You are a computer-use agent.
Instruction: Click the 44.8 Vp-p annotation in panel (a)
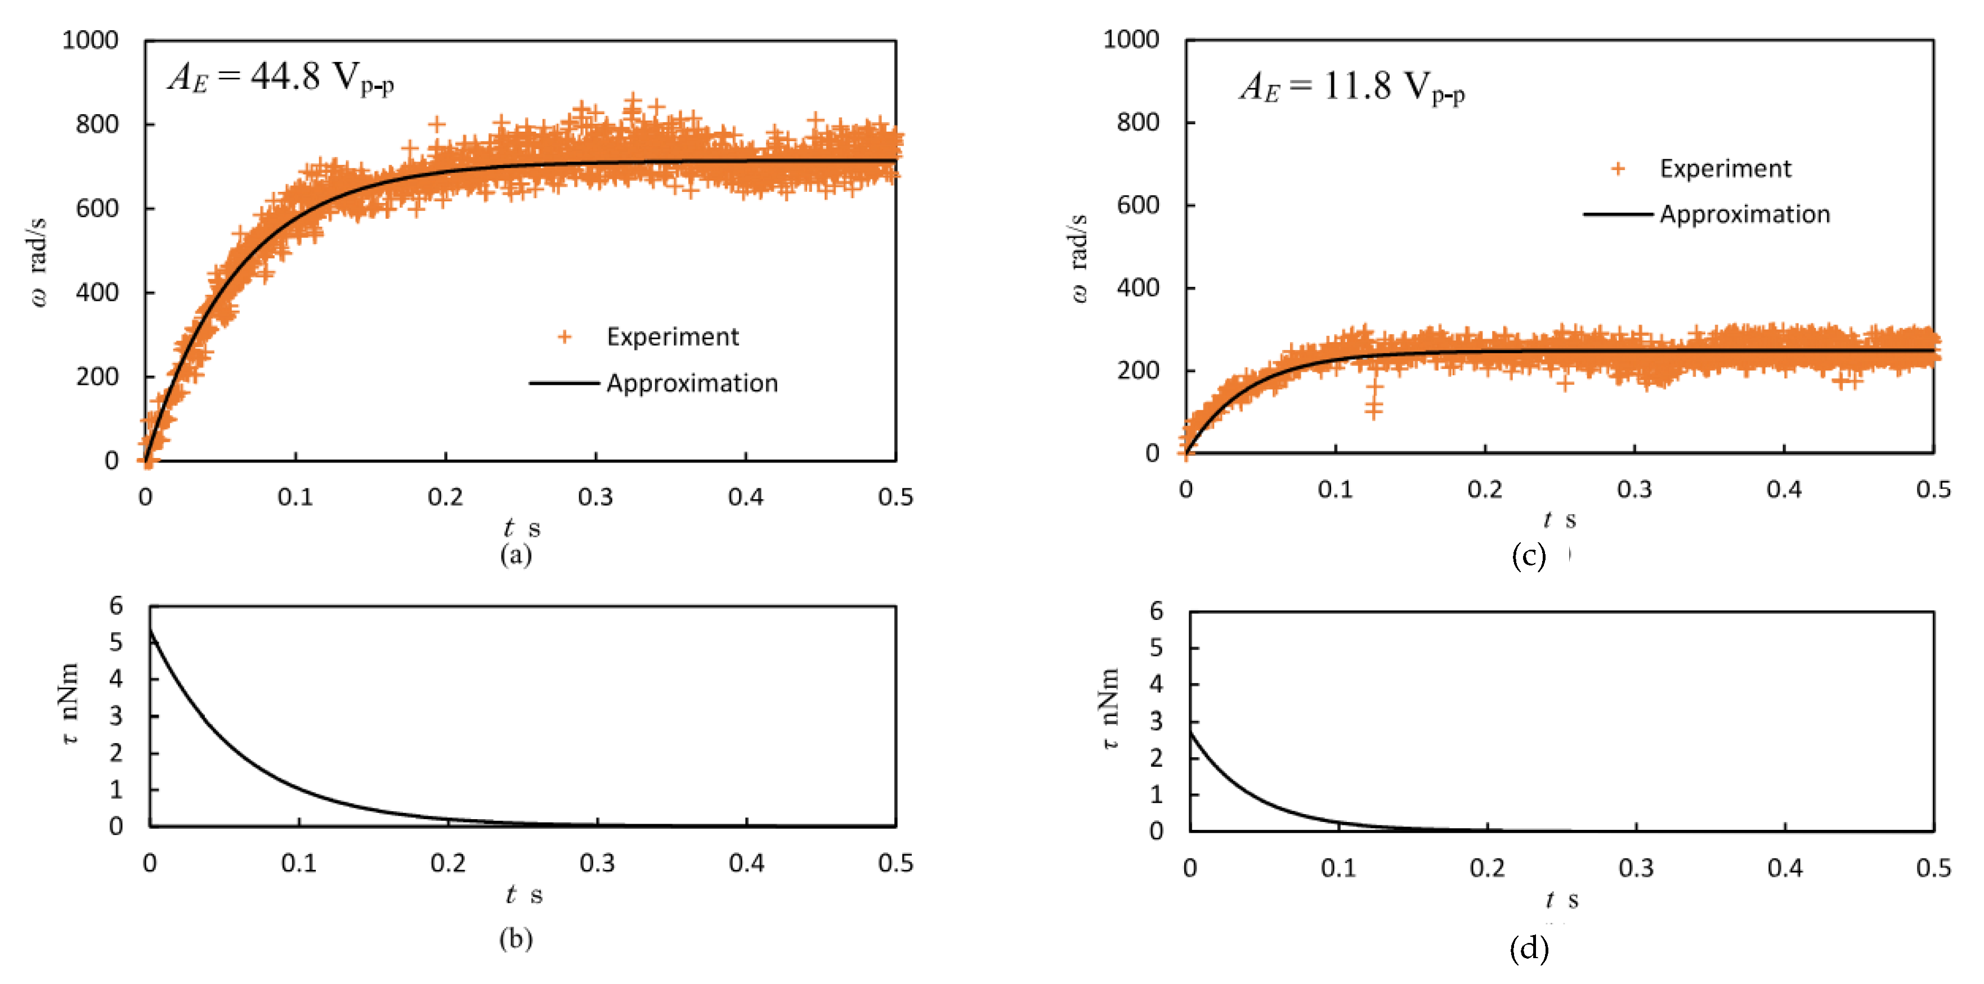pyautogui.click(x=280, y=77)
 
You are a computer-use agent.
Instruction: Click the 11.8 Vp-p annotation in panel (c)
pyautogui.click(x=1352, y=88)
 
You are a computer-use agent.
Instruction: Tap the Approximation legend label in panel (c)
pyautogui.click(x=1744, y=214)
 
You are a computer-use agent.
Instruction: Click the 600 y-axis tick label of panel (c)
pyautogui.click(x=1137, y=205)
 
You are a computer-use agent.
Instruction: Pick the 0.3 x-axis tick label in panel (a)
pyautogui.click(x=595, y=497)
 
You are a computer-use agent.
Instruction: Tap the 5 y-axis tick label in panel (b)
pyautogui.click(x=117, y=642)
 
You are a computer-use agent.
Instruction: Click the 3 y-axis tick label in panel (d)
pyautogui.click(x=1156, y=721)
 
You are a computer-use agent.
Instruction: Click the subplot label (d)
pyautogui.click(x=1528, y=949)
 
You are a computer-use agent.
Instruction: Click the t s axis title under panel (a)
pyautogui.click(x=521, y=528)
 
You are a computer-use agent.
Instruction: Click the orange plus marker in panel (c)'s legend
pyautogui.click(x=1618, y=169)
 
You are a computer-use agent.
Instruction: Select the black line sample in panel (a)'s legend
pyautogui.click(x=564, y=383)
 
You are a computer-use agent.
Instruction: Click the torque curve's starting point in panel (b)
pyautogui.click(x=151, y=631)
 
